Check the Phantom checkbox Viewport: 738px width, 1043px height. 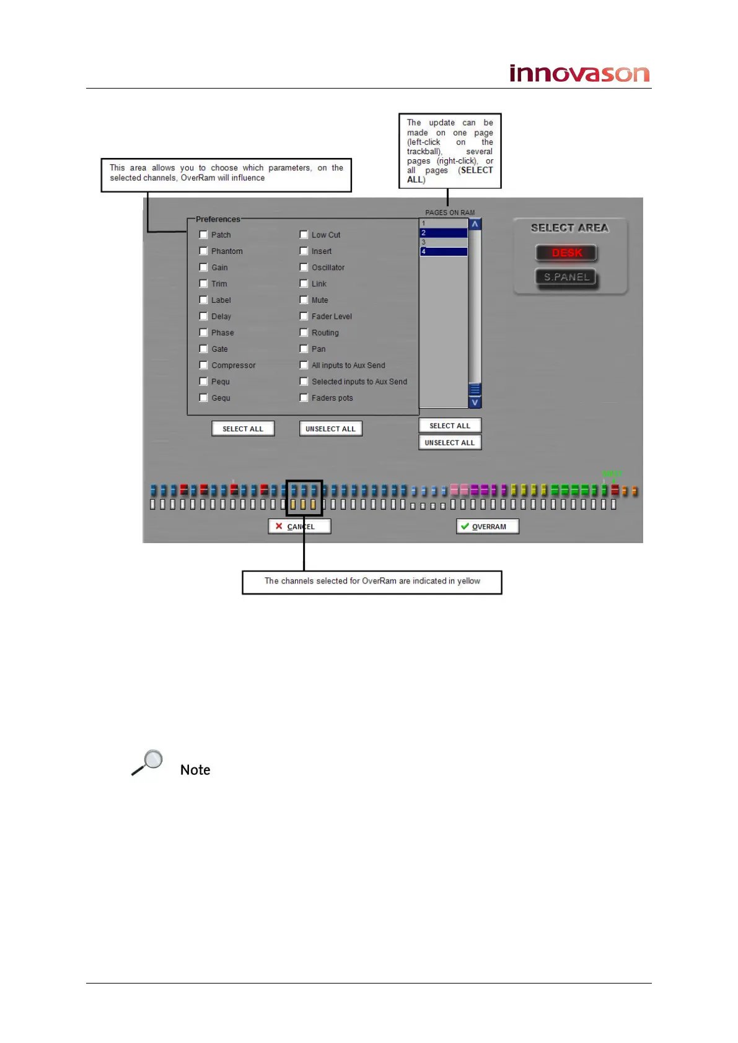(x=203, y=251)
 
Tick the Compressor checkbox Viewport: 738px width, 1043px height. (x=203, y=365)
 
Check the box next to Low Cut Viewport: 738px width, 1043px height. (x=304, y=235)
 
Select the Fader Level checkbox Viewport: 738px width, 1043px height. (x=304, y=316)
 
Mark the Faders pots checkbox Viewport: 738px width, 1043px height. (x=304, y=398)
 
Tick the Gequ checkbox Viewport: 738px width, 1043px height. (x=203, y=398)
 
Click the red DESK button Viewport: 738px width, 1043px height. (x=566, y=253)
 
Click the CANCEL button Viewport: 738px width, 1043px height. (x=299, y=526)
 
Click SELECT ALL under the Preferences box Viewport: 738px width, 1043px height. (x=243, y=429)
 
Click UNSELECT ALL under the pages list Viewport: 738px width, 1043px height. (x=450, y=443)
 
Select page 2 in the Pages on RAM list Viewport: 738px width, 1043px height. (x=444, y=233)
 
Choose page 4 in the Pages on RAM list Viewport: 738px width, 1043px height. (x=444, y=252)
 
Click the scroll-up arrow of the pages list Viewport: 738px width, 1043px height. (x=475, y=224)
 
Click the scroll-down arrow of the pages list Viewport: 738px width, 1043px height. (x=475, y=403)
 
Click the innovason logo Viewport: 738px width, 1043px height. (x=579, y=74)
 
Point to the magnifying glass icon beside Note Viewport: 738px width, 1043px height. (x=147, y=762)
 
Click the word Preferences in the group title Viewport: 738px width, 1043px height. (x=217, y=219)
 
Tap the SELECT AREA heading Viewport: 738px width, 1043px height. (x=569, y=228)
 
